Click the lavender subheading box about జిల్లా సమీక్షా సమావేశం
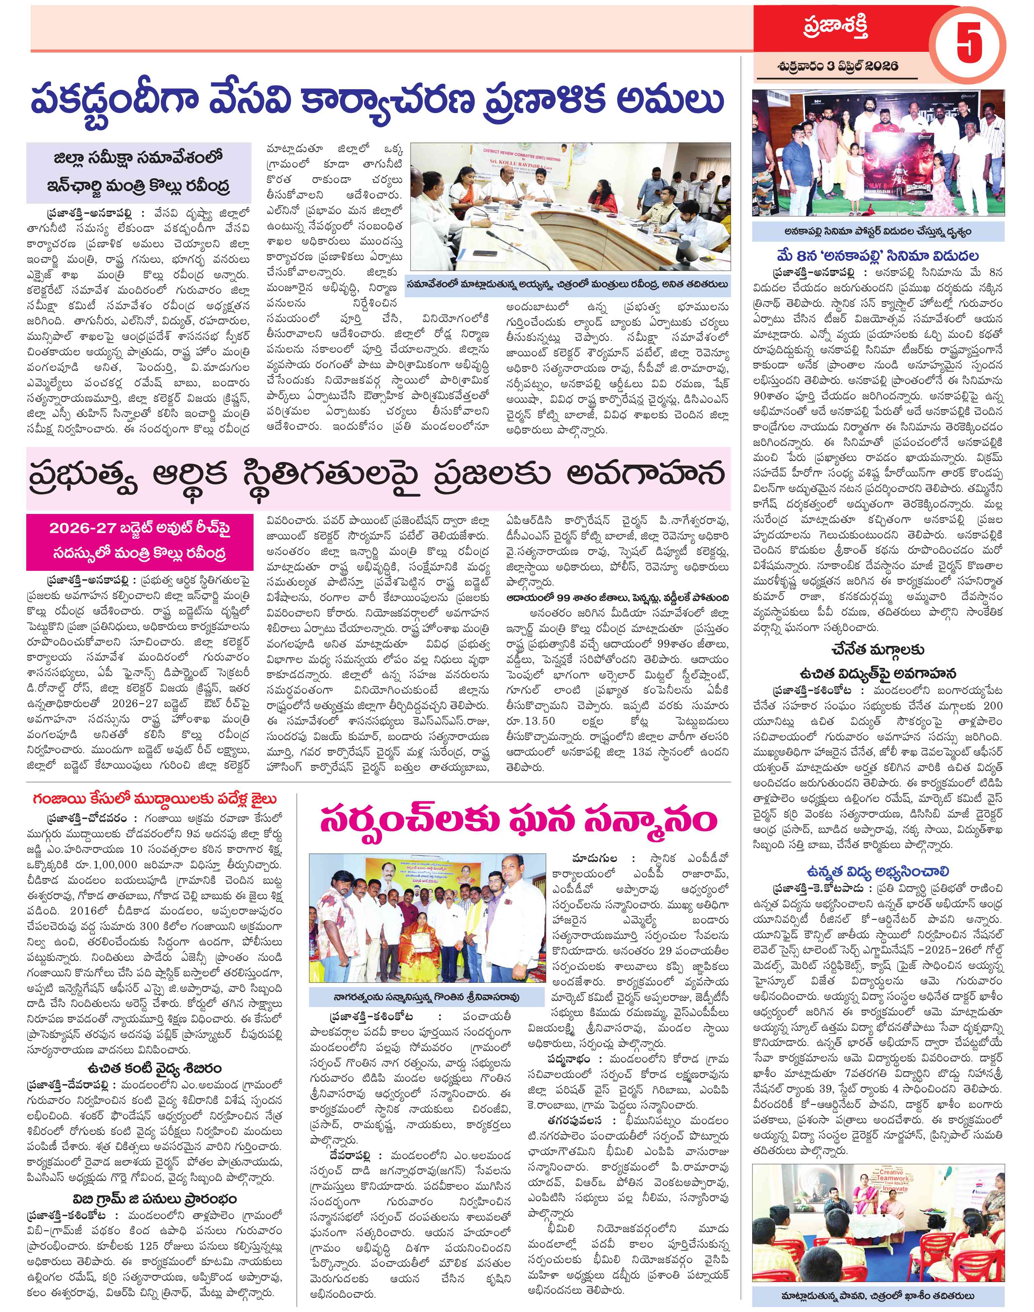[x=139, y=172]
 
